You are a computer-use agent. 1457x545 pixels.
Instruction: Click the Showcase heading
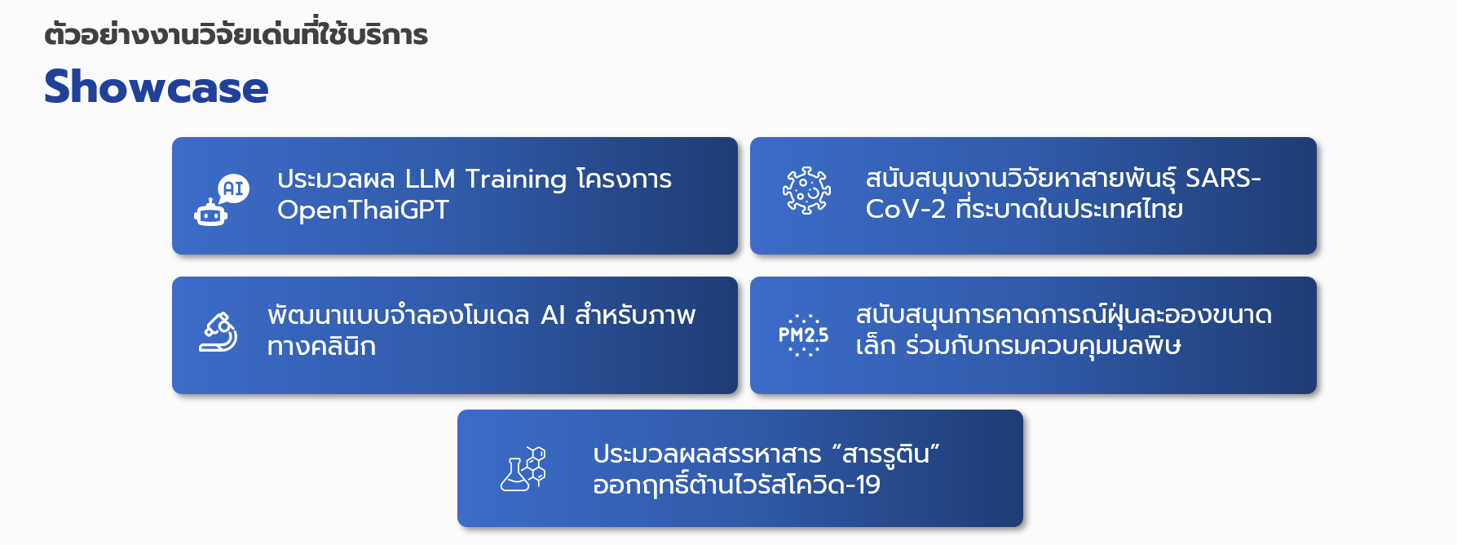[156, 87]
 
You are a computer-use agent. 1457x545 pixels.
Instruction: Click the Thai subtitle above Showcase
[236, 34]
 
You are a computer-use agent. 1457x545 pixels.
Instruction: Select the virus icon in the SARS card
[806, 191]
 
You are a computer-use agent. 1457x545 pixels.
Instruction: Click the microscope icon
[219, 332]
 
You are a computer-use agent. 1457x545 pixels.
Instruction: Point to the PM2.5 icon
[803, 335]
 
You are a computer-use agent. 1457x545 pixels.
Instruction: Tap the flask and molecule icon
[523, 468]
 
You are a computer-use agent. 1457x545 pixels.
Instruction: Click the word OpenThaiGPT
[363, 210]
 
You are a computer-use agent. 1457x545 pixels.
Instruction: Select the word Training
[515, 179]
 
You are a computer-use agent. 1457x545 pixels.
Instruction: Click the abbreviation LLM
[430, 179]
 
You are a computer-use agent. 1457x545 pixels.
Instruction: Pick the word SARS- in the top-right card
[1223, 178]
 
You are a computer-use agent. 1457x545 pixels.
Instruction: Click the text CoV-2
[905, 210]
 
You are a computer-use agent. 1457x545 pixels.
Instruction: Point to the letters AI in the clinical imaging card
[553, 316]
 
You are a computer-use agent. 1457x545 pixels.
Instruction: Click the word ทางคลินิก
[321, 346]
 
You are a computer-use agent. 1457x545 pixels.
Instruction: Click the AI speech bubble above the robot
[234, 188]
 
